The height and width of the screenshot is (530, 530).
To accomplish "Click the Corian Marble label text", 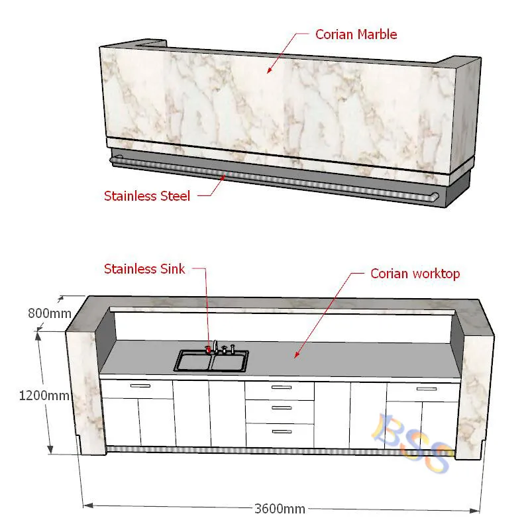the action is [x=356, y=34].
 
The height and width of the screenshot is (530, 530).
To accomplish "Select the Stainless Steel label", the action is [x=147, y=195].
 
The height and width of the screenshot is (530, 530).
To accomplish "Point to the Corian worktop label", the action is [x=415, y=273].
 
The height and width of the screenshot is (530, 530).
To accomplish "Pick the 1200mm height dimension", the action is [x=44, y=396].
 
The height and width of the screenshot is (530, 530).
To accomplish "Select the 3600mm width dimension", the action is [x=280, y=509].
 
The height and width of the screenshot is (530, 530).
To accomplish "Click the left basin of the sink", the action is [x=193, y=361].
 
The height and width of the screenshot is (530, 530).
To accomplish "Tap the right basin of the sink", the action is [x=229, y=361].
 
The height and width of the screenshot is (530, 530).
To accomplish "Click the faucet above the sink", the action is [x=216, y=346].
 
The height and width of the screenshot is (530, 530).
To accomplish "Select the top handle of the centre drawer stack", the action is [x=282, y=387].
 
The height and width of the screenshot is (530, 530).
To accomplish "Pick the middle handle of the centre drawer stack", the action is [x=282, y=409].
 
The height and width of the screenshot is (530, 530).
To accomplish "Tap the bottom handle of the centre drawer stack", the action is [x=282, y=431].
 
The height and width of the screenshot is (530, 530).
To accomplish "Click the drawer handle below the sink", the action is [x=140, y=385].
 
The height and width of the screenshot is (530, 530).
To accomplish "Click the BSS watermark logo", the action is [x=411, y=443].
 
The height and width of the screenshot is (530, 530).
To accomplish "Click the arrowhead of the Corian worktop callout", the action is [x=295, y=356].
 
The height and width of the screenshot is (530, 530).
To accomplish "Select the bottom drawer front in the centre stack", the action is [x=279, y=435].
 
